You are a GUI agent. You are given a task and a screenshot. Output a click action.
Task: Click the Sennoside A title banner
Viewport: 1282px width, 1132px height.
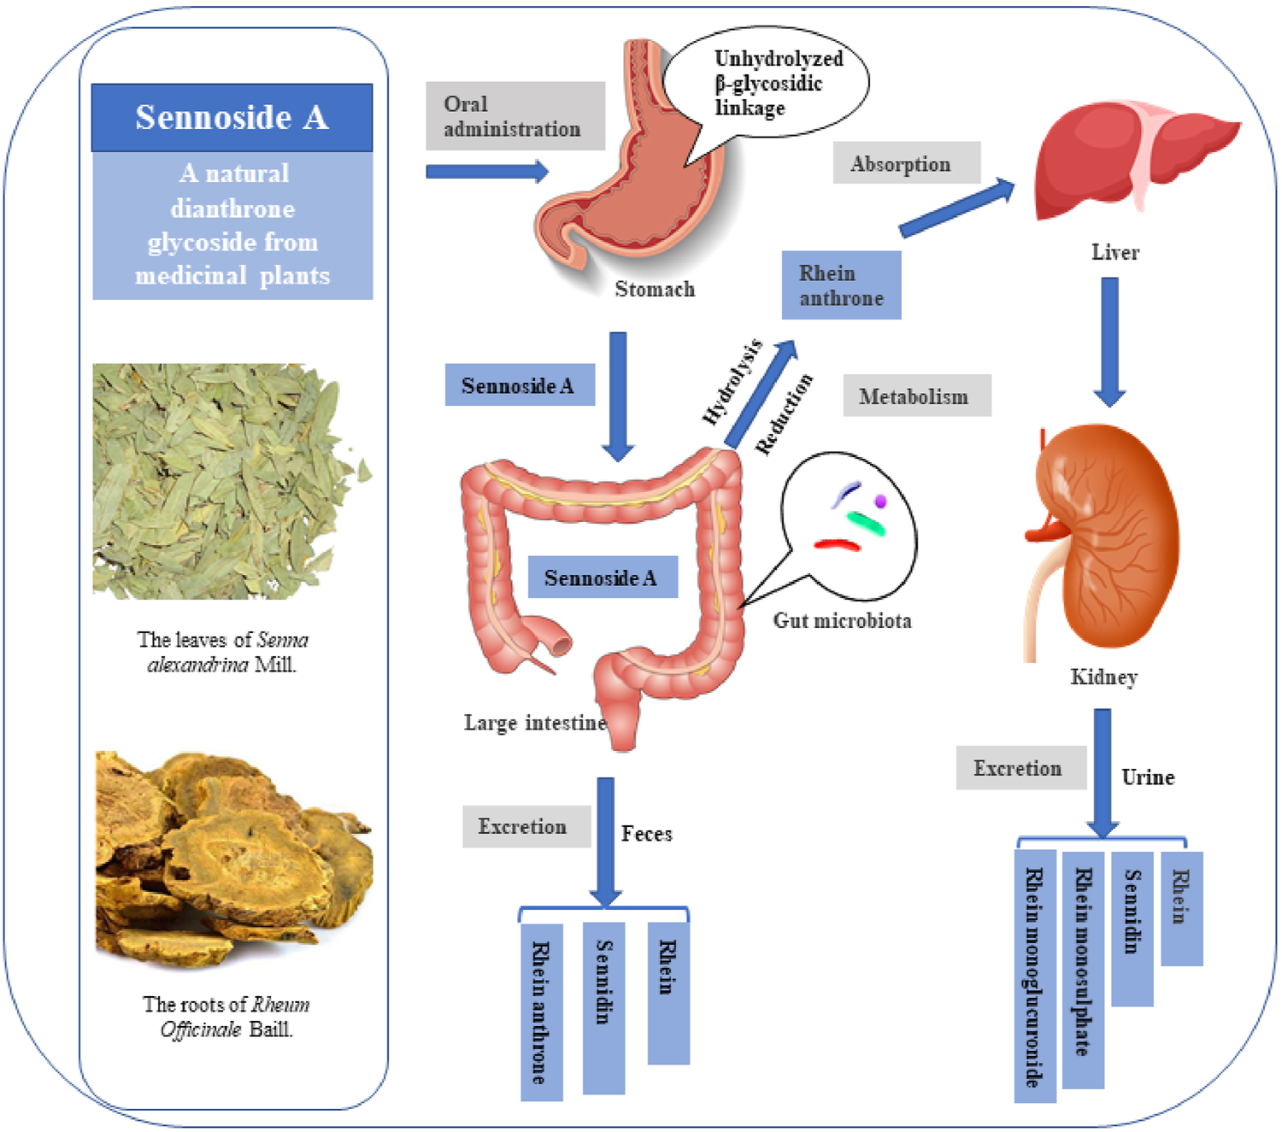[232, 118]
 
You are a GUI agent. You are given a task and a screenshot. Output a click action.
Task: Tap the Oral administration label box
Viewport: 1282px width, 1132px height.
[515, 116]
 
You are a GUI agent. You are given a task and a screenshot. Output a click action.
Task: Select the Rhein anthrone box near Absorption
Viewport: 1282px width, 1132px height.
[841, 285]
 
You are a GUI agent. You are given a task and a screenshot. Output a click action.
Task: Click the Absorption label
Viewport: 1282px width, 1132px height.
[906, 163]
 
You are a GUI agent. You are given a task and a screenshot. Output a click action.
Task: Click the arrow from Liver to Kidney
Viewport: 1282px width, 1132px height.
[1109, 342]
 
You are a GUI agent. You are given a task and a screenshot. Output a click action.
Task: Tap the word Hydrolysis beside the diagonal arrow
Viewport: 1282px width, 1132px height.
[732, 382]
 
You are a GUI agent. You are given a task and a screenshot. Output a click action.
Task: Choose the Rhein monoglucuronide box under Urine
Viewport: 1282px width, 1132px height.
[1035, 976]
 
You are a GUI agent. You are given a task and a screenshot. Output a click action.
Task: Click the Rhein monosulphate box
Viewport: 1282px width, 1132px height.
[1083, 969]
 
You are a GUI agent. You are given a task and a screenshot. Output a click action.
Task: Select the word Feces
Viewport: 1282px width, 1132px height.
[646, 834]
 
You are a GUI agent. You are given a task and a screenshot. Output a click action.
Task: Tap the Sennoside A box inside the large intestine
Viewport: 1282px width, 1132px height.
[602, 578]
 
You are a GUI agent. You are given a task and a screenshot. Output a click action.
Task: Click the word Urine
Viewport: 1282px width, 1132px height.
[1148, 777]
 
